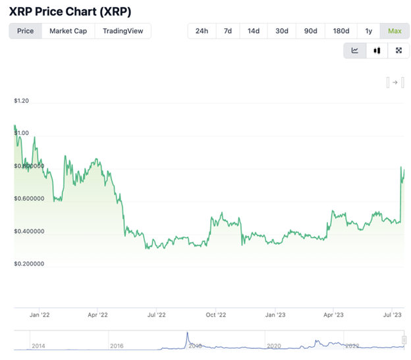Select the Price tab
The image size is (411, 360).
(x=25, y=31)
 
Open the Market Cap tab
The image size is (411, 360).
(x=68, y=31)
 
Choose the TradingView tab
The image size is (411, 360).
(x=123, y=31)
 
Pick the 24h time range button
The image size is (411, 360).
(x=202, y=31)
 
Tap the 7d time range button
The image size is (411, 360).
(x=227, y=31)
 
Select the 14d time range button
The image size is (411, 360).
(x=254, y=31)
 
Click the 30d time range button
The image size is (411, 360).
(x=282, y=31)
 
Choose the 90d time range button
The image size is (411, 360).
(x=310, y=31)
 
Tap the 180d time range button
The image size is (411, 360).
(x=341, y=31)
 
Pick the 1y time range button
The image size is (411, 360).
(x=368, y=31)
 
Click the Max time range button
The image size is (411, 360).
(x=395, y=31)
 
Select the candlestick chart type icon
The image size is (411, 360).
(x=377, y=51)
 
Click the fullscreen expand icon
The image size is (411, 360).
(x=398, y=51)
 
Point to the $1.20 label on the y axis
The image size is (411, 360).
(x=21, y=101)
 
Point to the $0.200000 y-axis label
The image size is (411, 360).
(x=28, y=264)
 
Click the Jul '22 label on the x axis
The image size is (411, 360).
(x=156, y=315)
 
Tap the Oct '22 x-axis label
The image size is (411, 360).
(x=216, y=315)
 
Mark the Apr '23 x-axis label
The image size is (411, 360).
(x=334, y=315)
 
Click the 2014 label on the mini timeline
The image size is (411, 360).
(x=38, y=346)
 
